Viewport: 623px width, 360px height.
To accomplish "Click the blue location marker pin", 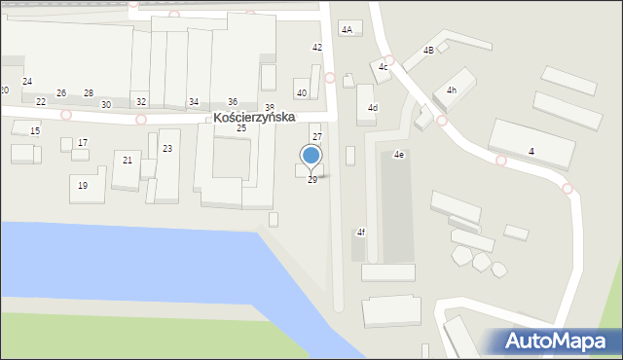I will click(311, 156).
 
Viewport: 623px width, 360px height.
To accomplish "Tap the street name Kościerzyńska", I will click(255, 116).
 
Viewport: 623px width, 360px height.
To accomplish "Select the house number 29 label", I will click(311, 180).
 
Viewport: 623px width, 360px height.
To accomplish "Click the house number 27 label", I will click(316, 137).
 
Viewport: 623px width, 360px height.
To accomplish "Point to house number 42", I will click(316, 48).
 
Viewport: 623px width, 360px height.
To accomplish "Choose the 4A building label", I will click(347, 30).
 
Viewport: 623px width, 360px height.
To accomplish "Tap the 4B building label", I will click(428, 51).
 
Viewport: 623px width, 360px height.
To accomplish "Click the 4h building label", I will click(451, 90).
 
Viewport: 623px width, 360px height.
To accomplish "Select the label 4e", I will click(399, 155).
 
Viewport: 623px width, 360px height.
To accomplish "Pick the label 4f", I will click(360, 232).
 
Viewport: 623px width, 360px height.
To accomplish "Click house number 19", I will click(83, 185).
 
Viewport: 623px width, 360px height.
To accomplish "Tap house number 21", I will click(128, 160).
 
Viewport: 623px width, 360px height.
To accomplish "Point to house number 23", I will click(167, 149).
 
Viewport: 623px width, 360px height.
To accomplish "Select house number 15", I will click(35, 130).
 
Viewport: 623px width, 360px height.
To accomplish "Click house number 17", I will click(83, 143).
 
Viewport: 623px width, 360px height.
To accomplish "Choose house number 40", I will click(302, 93).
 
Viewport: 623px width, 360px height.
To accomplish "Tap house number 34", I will click(194, 102).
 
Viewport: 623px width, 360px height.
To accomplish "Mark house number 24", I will click(27, 82).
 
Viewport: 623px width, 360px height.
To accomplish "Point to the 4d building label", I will click(372, 108).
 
